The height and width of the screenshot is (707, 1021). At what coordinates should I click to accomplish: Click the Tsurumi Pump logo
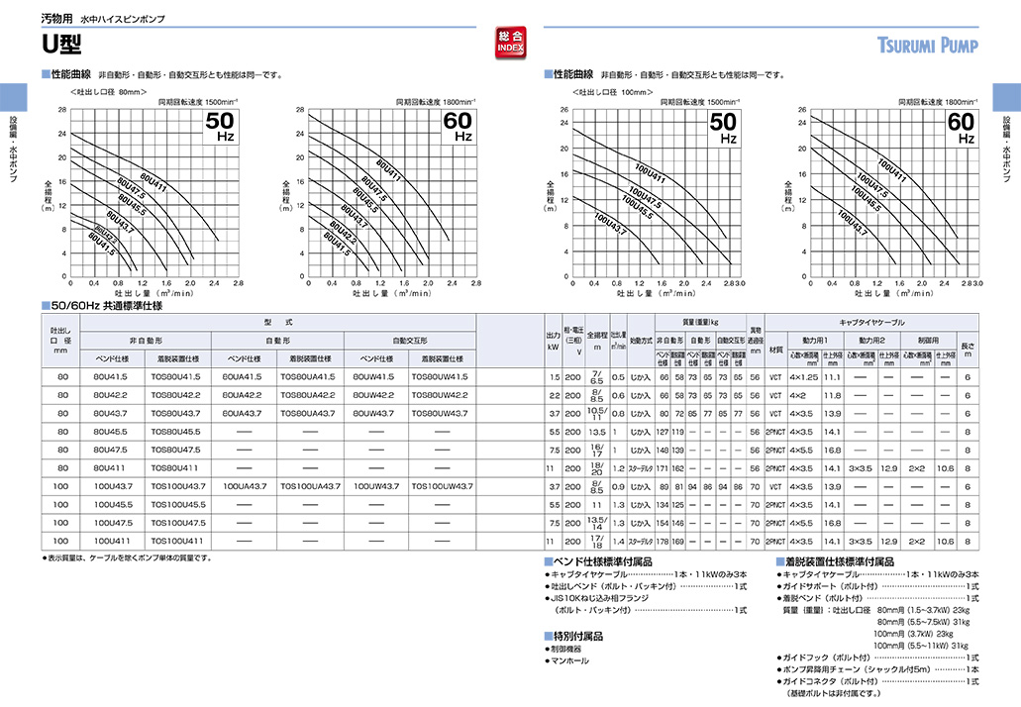pyautogui.click(x=927, y=46)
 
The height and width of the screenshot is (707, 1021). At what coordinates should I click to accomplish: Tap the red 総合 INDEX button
pyautogui.click(x=511, y=43)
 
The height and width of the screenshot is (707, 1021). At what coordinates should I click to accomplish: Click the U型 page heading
pyautogui.click(x=60, y=44)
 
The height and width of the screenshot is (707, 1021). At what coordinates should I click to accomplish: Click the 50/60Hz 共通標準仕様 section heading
pyautogui.click(x=109, y=306)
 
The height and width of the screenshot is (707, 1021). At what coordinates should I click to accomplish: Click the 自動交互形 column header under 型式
pyautogui.click(x=411, y=341)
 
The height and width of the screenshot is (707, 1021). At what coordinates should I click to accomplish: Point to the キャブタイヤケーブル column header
pyautogui.click(x=871, y=323)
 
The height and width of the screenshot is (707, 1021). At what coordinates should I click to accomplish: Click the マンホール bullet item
pyautogui.click(x=569, y=660)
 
